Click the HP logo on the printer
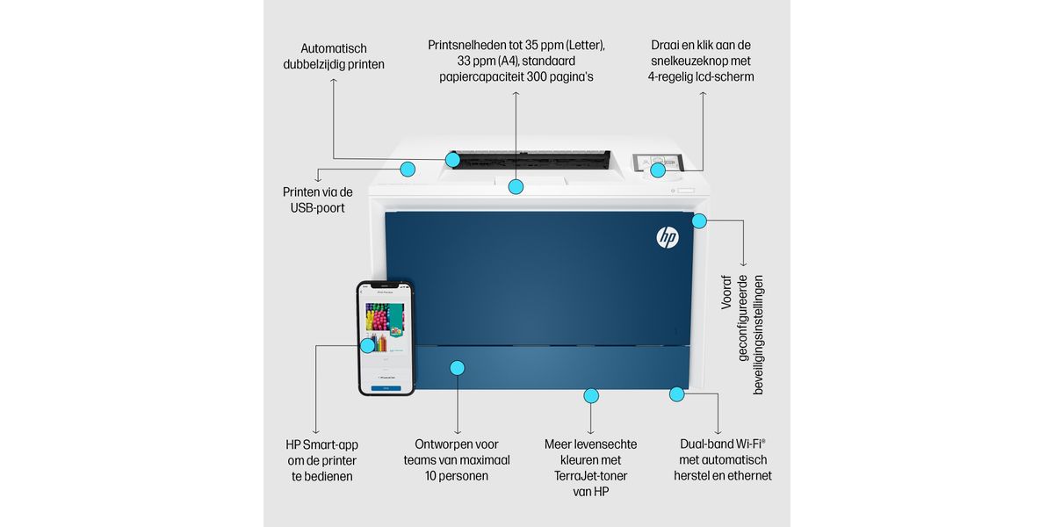[x=668, y=237]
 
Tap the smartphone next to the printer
[x=386, y=338]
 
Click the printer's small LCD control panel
[x=658, y=163]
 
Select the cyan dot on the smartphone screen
[x=367, y=345]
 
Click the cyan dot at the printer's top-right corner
[x=699, y=220]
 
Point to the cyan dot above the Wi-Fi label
[x=676, y=393]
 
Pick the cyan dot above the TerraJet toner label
[x=591, y=395]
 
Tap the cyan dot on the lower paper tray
[x=458, y=367]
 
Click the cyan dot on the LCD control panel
[x=658, y=170]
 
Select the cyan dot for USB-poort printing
[x=408, y=169]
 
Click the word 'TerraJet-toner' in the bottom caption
[x=590, y=476]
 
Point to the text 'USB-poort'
[x=318, y=208]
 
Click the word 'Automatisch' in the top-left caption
[x=334, y=48]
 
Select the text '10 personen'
[x=457, y=476]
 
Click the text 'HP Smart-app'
[x=321, y=444]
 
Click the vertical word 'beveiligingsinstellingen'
[x=759, y=336]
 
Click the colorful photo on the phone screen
[x=384, y=317]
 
